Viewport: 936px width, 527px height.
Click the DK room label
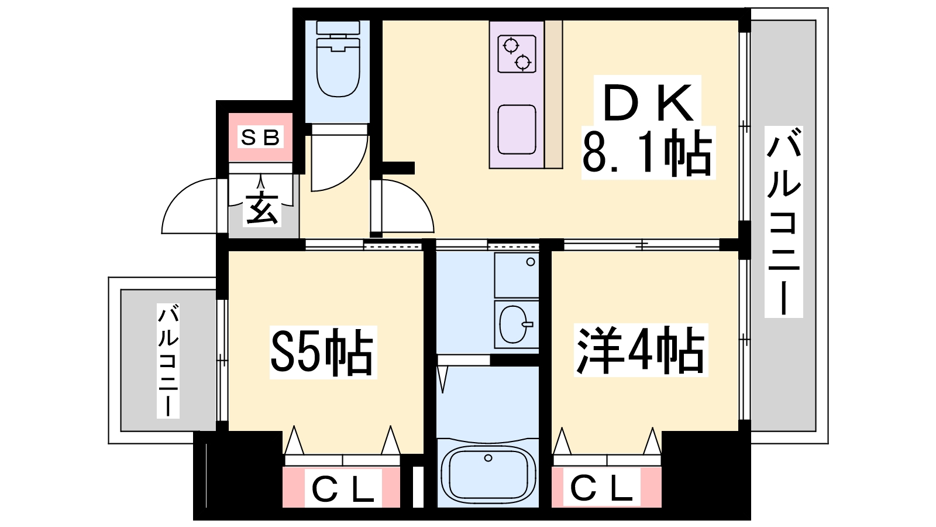coord(647,102)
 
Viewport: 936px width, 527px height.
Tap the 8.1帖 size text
coord(647,152)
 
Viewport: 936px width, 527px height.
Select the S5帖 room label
coord(322,353)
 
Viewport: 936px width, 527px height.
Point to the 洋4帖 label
coord(640,350)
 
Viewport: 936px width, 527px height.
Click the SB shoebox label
coord(260,137)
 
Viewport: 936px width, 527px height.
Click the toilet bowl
coord(338,67)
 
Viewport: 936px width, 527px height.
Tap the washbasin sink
coord(514,324)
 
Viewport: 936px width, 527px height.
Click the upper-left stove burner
coord(511,45)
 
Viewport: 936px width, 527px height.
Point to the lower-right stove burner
coord(523,63)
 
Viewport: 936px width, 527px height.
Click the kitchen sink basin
coord(517,129)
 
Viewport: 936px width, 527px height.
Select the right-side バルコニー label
coord(783,222)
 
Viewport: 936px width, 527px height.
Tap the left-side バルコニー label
coord(168,361)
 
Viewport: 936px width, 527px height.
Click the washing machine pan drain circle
coord(531,262)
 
